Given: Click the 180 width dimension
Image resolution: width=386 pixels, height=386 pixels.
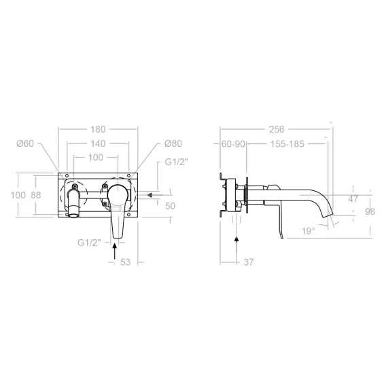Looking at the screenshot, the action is click(x=98, y=129).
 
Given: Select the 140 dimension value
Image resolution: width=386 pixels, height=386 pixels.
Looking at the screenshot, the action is click(x=98, y=143).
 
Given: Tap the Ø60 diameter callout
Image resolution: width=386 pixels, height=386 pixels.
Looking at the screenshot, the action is click(x=25, y=143).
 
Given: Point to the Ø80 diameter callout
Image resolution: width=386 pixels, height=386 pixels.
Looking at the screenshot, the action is click(x=173, y=143).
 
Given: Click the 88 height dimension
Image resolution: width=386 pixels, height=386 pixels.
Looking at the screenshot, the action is click(x=36, y=195).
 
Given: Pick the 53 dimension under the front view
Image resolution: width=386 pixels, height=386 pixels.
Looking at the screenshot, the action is click(x=125, y=262).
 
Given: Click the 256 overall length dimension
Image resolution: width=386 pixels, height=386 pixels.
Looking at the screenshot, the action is click(x=277, y=129).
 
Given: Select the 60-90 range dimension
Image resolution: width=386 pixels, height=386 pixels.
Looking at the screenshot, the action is click(x=233, y=144).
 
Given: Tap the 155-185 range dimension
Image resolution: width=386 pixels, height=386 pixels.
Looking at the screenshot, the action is click(x=287, y=144).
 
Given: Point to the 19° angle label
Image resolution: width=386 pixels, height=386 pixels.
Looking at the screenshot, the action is click(x=309, y=231).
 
